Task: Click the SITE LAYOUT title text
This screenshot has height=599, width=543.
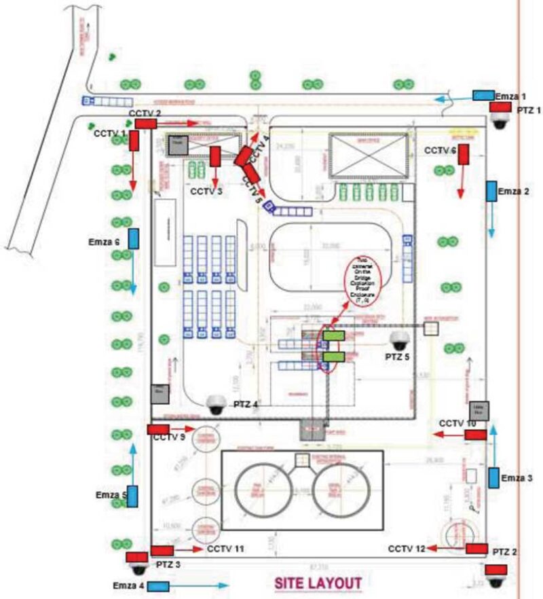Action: [x=318, y=583]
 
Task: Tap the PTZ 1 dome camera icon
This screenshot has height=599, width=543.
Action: [x=501, y=121]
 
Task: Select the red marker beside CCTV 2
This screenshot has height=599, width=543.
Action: [x=146, y=123]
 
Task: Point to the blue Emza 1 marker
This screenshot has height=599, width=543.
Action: [x=483, y=96]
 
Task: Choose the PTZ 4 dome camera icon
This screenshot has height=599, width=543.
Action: [x=217, y=405]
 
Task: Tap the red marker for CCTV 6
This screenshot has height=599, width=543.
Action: [x=465, y=155]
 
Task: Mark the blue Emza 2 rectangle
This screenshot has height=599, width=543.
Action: [x=491, y=191]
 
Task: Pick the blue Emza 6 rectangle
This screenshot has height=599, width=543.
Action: [x=134, y=238]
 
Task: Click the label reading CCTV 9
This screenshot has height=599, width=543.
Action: [x=168, y=438]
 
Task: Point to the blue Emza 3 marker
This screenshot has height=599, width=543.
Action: [x=493, y=477]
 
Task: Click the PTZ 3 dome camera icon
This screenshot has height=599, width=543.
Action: [x=138, y=562]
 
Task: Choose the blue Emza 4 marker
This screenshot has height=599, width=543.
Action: [x=159, y=585]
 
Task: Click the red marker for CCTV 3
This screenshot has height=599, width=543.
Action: [x=215, y=156]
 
